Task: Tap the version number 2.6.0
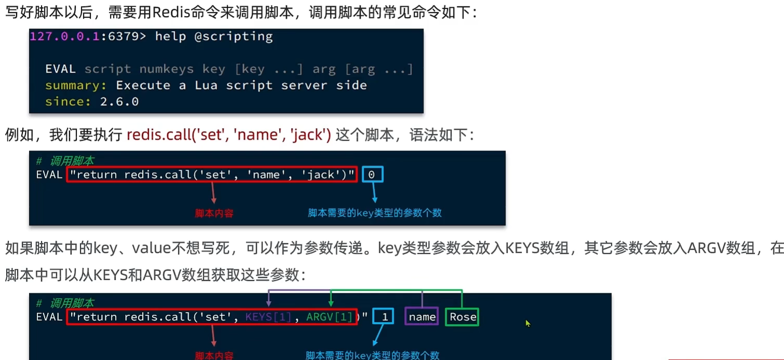click(119, 102)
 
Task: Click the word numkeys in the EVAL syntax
click(166, 70)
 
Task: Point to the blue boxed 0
click(372, 175)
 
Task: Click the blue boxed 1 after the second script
click(384, 317)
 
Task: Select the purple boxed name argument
click(422, 317)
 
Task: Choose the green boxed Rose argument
click(462, 317)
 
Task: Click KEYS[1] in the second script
click(268, 317)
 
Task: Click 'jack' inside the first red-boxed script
click(320, 175)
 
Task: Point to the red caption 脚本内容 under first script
click(214, 213)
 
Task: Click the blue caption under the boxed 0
click(375, 213)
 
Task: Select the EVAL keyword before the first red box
click(49, 175)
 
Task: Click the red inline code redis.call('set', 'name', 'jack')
click(229, 135)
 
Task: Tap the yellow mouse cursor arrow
click(528, 323)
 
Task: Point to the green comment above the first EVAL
click(65, 161)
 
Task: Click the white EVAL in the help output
click(61, 70)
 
